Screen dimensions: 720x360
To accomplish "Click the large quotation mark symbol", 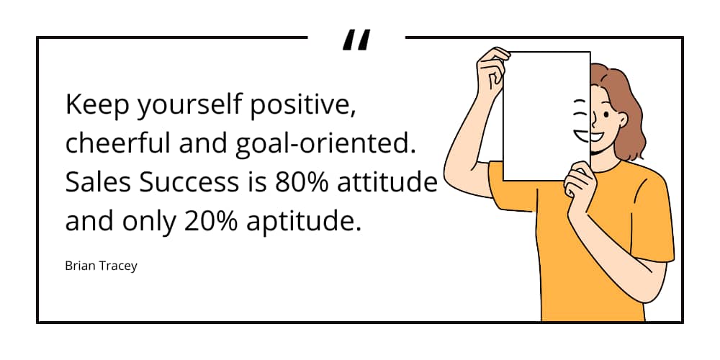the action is pyautogui.click(x=356, y=40).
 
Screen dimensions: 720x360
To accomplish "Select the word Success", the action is pyautogui.click(x=189, y=182).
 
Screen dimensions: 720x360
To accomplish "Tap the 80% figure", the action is pyautogui.click(x=302, y=182).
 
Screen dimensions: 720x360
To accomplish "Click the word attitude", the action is pyautogui.click(x=387, y=182).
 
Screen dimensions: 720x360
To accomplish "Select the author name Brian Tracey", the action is pyautogui.click(x=101, y=266).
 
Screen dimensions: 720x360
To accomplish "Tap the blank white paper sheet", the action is pyautogui.click(x=546, y=116).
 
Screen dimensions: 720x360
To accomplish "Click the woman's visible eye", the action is pyautogui.click(x=606, y=114).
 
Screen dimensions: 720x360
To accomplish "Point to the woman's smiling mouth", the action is pyautogui.click(x=596, y=136).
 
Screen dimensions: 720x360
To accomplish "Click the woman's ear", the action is pyautogui.click(x=622, y=121).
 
